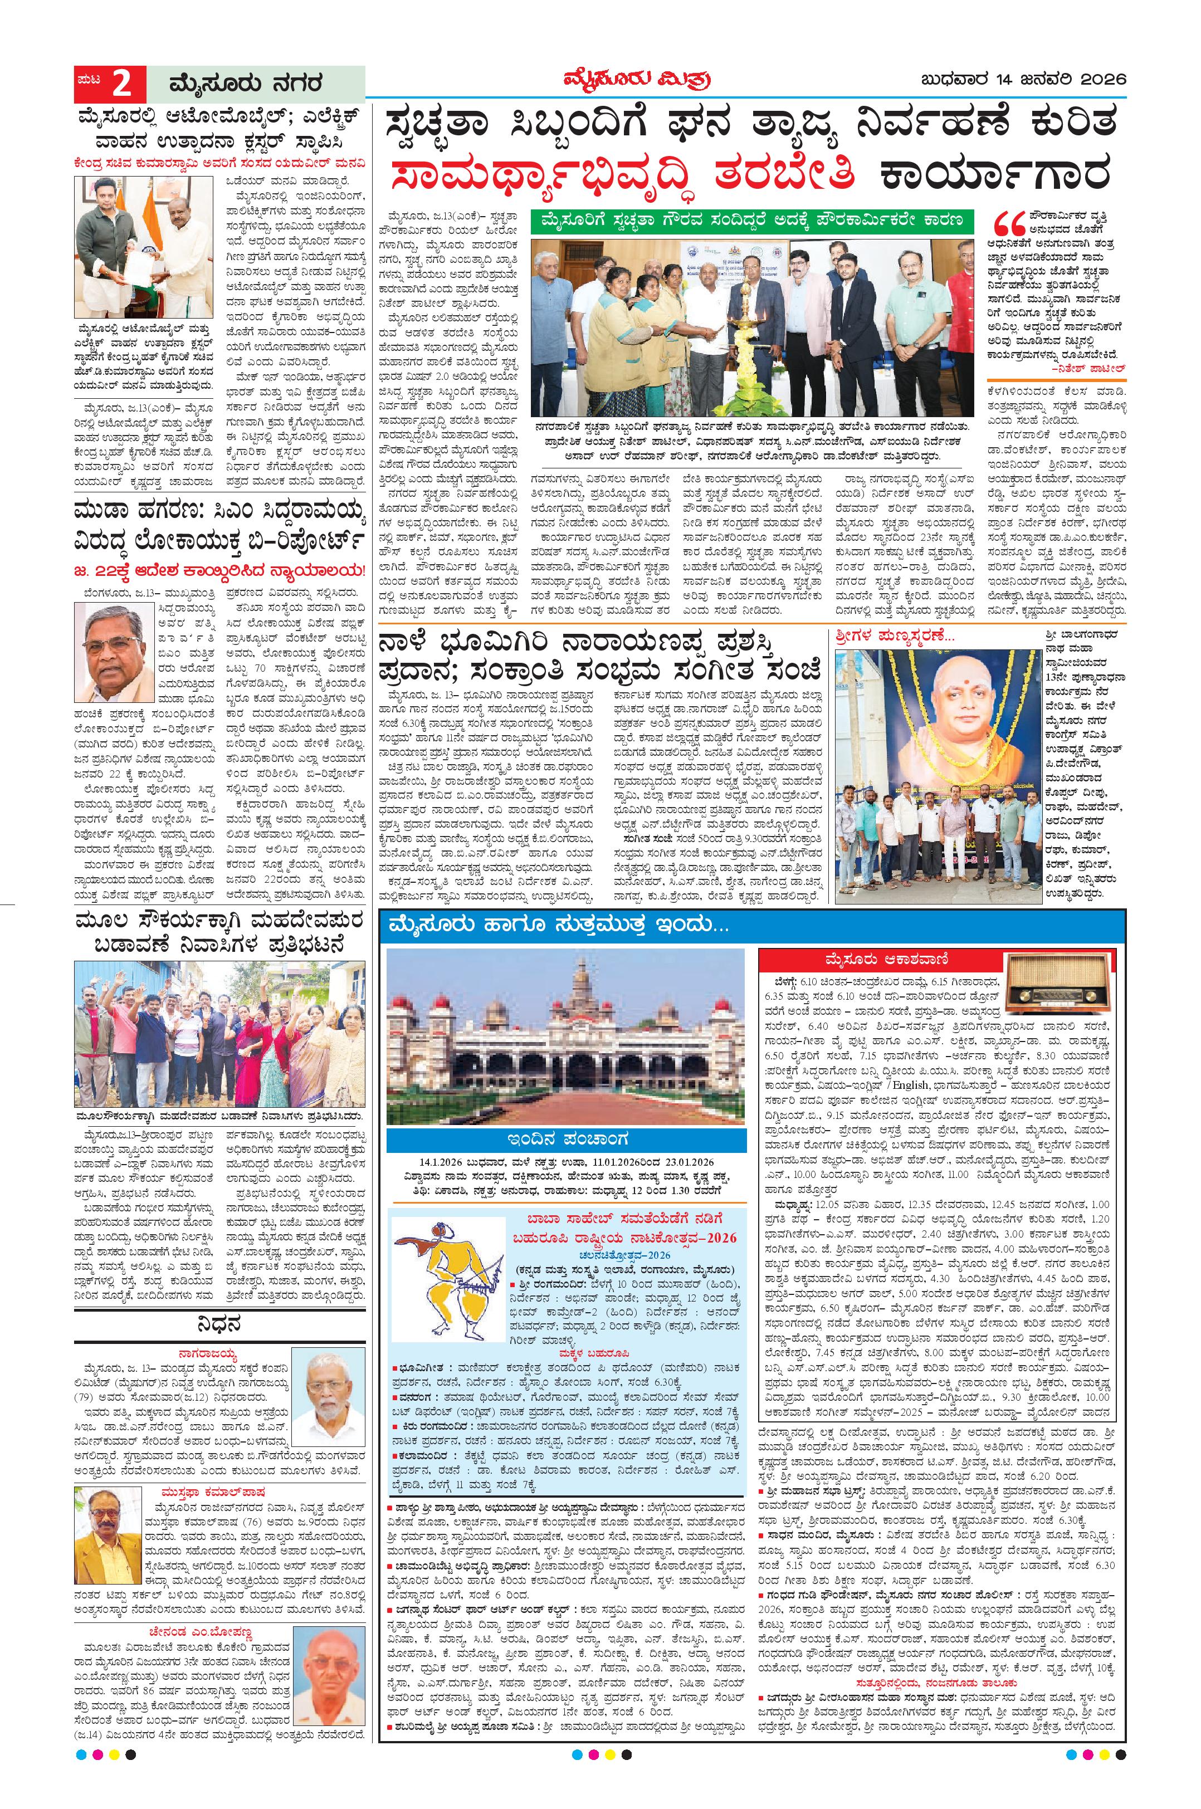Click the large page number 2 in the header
tap(121, 83)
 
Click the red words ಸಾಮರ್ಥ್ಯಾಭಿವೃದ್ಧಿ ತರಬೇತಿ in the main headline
tap(621, 174)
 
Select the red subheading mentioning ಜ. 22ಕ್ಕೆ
tap(221, 570)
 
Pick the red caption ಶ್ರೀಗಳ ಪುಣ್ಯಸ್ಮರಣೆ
tap(886, 635)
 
